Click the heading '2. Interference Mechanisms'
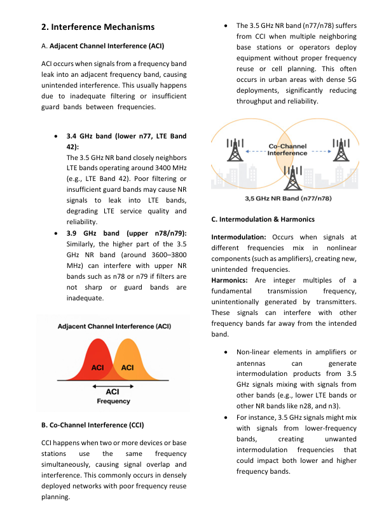[97, 27]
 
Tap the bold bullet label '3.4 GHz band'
[90, 136]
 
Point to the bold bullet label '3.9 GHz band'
[90, 233]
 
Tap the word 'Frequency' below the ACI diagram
[113, 401]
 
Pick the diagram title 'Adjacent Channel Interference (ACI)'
[114, 326]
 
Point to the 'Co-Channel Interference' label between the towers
[287, 150]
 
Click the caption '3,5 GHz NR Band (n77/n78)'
[287, 199]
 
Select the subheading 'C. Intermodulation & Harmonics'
[263, 219]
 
